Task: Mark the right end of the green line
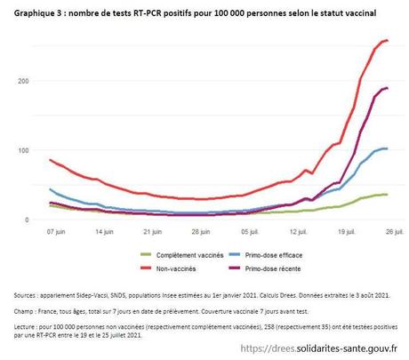click(x=387, y=195)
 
